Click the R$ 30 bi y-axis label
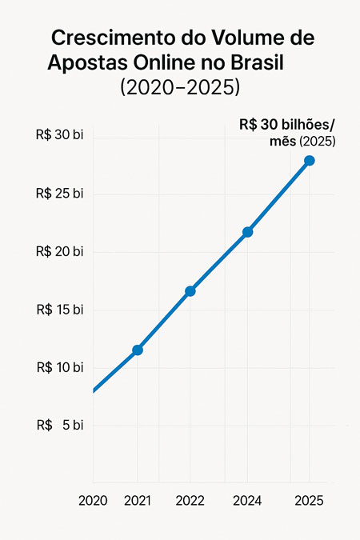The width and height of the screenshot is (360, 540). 60,135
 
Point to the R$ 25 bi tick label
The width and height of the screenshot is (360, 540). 60,194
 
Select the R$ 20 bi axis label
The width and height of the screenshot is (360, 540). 60,251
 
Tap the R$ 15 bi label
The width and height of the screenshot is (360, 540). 60,310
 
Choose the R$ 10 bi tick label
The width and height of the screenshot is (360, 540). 60,367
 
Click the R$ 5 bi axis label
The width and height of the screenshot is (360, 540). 60,426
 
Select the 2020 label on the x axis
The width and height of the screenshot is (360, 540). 93,501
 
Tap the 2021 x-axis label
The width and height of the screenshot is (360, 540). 138,501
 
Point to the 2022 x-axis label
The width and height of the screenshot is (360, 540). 190,501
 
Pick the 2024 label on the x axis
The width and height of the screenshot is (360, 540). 247,501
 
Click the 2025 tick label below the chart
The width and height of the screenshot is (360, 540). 309,501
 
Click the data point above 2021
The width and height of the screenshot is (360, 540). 138,350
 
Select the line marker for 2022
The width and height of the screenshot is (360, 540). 190,291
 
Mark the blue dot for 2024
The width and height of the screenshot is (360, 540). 247,232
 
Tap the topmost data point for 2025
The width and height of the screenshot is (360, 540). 310,161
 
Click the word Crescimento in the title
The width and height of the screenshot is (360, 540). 107,38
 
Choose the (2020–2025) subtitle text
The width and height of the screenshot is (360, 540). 180,86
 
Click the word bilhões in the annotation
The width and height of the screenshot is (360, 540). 301,125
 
